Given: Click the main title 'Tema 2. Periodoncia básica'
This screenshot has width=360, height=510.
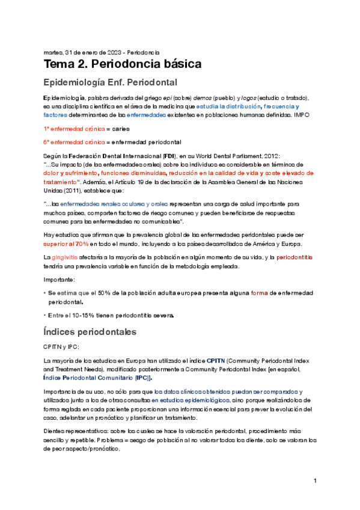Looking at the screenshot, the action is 122,63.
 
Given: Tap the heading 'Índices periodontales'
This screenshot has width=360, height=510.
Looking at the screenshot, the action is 90,331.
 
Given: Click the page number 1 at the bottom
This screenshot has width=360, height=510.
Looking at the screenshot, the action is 315,481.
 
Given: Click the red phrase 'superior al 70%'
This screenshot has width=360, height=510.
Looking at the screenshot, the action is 66,244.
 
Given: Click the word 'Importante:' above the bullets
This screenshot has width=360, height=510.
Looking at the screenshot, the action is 59,280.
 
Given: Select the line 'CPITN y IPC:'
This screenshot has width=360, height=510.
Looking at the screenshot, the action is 61,347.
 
